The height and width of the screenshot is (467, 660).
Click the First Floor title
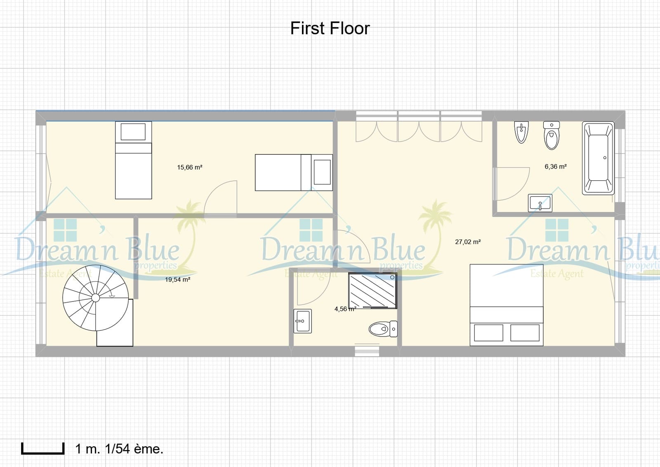pos(330,28)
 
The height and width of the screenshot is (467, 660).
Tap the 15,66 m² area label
pos(189,168)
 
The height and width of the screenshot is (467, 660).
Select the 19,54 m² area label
pos(177,280)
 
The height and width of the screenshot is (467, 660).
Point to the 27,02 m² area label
pos(468,242)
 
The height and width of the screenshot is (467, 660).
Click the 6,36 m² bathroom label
pos(555,167)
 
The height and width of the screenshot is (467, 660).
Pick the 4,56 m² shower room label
pos(345,309)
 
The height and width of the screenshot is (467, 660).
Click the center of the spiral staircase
pos(95,298)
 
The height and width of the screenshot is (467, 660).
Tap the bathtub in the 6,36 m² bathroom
pos(598,158)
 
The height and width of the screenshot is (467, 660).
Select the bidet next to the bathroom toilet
pos(521,132)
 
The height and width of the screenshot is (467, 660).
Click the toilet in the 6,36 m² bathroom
pos(552,135)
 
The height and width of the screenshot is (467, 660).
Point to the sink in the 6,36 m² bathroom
pos(540,203)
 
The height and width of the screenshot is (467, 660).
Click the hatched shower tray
pos(372,291)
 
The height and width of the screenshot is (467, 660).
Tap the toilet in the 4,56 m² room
pos(382,329)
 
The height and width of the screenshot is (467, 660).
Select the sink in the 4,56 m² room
pos(302,321)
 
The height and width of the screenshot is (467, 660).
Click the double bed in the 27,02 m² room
pos(507,305)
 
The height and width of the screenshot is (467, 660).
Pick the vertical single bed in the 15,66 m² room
pos(133,160)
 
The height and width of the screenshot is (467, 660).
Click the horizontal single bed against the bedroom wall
pos(293,173)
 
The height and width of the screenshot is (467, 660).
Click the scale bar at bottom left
pos(43,448)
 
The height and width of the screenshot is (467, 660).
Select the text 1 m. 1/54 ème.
pos(119,449)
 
